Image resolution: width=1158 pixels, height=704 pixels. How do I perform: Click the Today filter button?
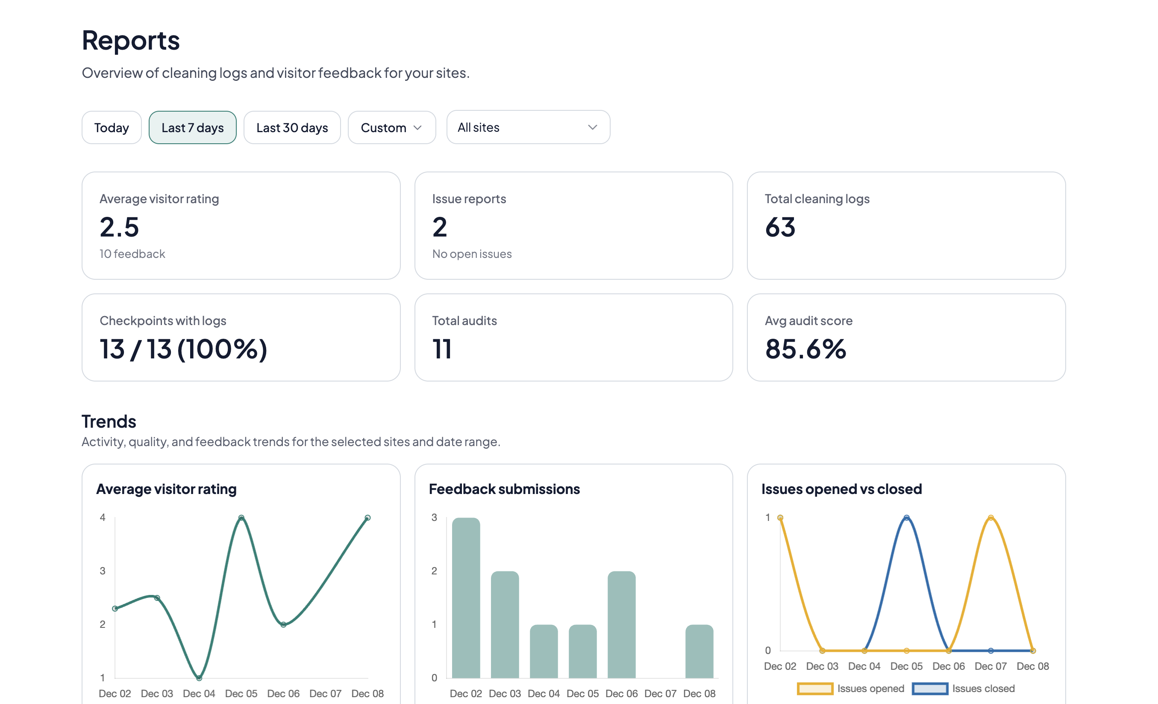[112, 127]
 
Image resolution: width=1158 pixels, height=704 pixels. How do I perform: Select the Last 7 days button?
[192, 127]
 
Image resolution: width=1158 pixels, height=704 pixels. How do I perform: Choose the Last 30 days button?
[292, 127]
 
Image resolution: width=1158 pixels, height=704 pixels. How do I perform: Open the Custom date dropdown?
[391, 127]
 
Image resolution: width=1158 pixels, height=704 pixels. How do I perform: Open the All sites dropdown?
[528, 127]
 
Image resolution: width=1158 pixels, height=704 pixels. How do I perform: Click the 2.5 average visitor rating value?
[119, 227]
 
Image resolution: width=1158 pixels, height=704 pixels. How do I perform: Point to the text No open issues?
[471, 254]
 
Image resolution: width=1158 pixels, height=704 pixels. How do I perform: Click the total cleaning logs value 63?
[780, 227]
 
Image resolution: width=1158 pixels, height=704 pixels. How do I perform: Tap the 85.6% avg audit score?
[805, 349]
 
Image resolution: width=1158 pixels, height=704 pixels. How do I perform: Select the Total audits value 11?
[442, 349]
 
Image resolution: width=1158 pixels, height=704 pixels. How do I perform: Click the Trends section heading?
[109, 421]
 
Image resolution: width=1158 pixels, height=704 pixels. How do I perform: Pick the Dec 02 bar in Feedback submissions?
[466, 597]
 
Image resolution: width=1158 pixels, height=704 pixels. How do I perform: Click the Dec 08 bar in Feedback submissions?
[699, 651]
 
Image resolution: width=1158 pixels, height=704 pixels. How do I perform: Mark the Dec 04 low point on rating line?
[199, 677]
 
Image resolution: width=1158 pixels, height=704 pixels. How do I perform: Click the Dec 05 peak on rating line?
[241, 518]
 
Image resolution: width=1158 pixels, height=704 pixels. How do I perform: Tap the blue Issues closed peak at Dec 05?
[906, 518]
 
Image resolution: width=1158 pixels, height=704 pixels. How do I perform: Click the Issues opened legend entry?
[851, 689]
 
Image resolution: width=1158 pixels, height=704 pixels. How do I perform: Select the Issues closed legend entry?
[964, 689]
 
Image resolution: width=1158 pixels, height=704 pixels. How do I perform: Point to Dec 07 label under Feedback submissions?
[660, 693]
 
